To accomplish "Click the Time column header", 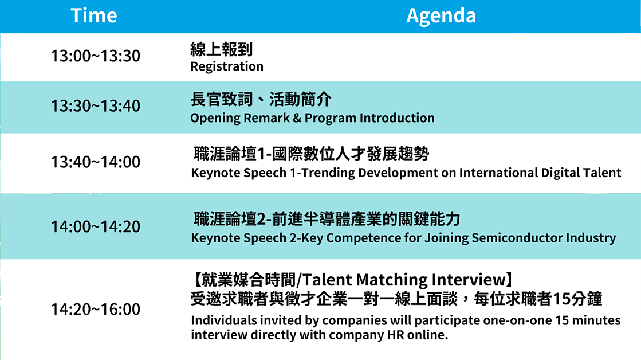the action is pos(94,15).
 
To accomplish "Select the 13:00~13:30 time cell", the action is pos(96,56).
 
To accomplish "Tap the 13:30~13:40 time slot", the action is pos(96,106).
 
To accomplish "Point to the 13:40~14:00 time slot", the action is pos(96,162).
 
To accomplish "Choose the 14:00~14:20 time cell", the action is pos(96,226).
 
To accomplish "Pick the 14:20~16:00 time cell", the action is pos(96,310).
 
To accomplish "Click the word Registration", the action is pos(227,66).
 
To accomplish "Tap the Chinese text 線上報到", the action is pos(222,49).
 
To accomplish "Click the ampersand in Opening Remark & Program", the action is pos(297,118).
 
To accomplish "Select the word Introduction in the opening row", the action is pos(397,118).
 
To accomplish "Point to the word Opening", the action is pos(215,119).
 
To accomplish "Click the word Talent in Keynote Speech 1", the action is pos(601,173).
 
